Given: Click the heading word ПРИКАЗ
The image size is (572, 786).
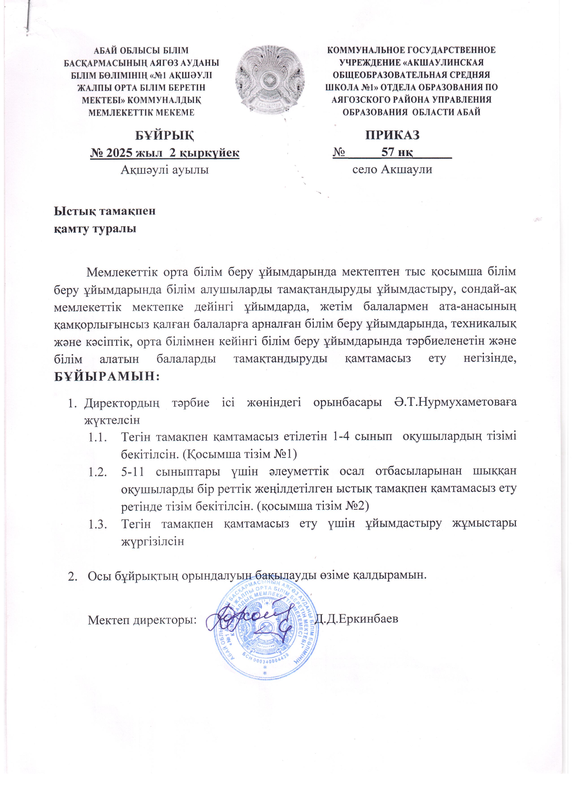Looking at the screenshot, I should tap(392, 135).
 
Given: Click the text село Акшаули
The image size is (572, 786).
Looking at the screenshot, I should tap(392, 170).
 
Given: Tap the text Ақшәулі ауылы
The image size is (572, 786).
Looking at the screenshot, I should tap(165, 170).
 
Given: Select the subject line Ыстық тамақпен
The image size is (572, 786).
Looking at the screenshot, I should tap(105, 211).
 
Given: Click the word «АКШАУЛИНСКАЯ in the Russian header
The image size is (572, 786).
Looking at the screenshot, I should tap(440, 62).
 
